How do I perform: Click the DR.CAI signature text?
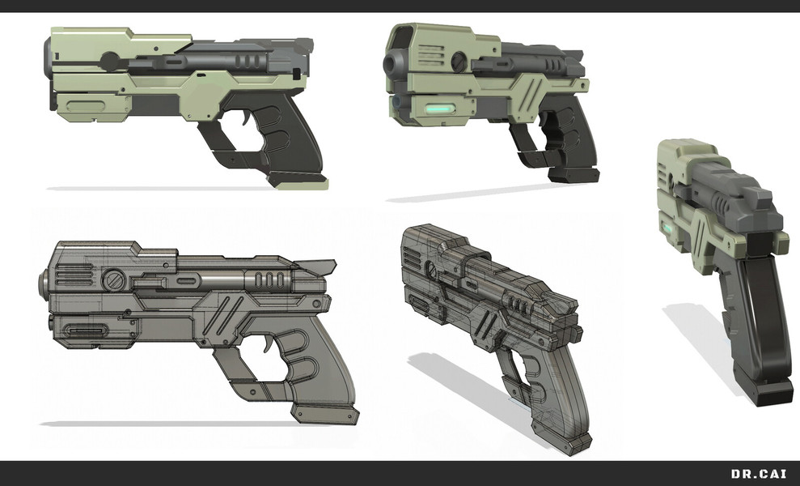759,474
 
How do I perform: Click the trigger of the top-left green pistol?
247,118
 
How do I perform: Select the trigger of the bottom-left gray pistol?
267,344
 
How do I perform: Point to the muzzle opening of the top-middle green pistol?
392,63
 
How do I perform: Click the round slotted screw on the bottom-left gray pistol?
113,280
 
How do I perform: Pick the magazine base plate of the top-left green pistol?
297,179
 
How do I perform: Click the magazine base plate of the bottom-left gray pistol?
325,413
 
